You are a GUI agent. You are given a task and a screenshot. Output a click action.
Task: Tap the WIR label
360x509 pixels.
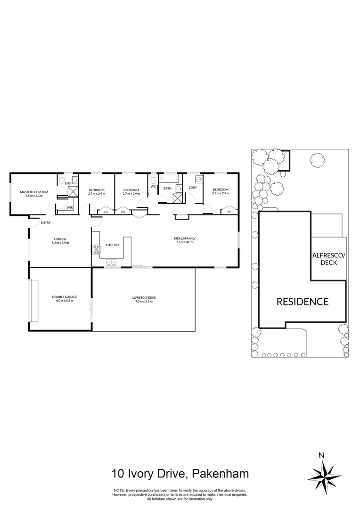tap(69, 207)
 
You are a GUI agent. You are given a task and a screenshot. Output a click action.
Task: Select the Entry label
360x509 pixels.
tap(46, 222)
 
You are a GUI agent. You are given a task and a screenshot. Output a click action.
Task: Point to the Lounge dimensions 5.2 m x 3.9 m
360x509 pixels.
tap(60, 243)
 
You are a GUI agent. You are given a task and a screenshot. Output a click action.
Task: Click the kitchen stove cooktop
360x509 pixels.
tap(96, 250)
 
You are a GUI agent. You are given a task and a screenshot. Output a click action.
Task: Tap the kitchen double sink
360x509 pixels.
tap(112, 262)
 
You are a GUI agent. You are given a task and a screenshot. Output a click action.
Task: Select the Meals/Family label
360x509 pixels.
tap(185, 238)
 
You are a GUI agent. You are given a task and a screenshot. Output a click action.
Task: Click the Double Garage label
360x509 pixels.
tap(65, 297)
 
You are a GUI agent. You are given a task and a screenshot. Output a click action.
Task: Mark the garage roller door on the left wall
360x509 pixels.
tap(33, 301)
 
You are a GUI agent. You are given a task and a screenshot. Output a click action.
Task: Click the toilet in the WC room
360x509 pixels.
tap(153, 180)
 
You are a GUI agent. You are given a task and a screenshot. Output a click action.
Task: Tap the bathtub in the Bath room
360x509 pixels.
tap(168, 180)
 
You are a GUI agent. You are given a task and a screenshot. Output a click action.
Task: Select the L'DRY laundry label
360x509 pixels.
tap(192, 188)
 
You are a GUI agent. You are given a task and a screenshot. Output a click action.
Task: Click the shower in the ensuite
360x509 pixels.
tap(73, 191)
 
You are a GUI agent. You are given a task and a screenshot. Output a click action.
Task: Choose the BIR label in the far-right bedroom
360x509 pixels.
tap(229, 212)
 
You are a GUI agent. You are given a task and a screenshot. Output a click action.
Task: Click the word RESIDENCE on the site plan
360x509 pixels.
tap(302, 302)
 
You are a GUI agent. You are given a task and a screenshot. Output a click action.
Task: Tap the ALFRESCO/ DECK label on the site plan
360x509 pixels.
tap(329, 258)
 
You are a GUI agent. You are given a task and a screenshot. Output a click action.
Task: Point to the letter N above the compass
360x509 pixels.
tap(321, 455)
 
